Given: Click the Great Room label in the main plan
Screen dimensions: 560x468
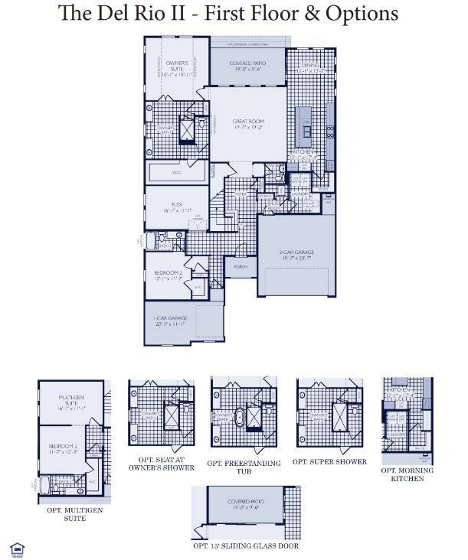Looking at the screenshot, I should pos(248,125).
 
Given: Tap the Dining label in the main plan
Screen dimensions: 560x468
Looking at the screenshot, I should pos(310,69).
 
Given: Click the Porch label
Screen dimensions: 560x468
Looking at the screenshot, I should pos(241,267).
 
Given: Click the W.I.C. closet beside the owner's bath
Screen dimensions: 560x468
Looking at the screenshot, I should pos(176,173).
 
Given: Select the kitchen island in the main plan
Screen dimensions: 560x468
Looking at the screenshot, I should pos(306,126).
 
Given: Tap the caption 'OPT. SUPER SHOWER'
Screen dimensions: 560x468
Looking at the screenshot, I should pos(329,461).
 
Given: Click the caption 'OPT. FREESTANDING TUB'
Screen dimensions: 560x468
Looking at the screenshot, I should pos(244,467).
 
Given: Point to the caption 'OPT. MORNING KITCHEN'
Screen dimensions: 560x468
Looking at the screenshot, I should pos(407,474).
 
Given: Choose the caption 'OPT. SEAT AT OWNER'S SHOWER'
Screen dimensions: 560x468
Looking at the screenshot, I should pos(162,463).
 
